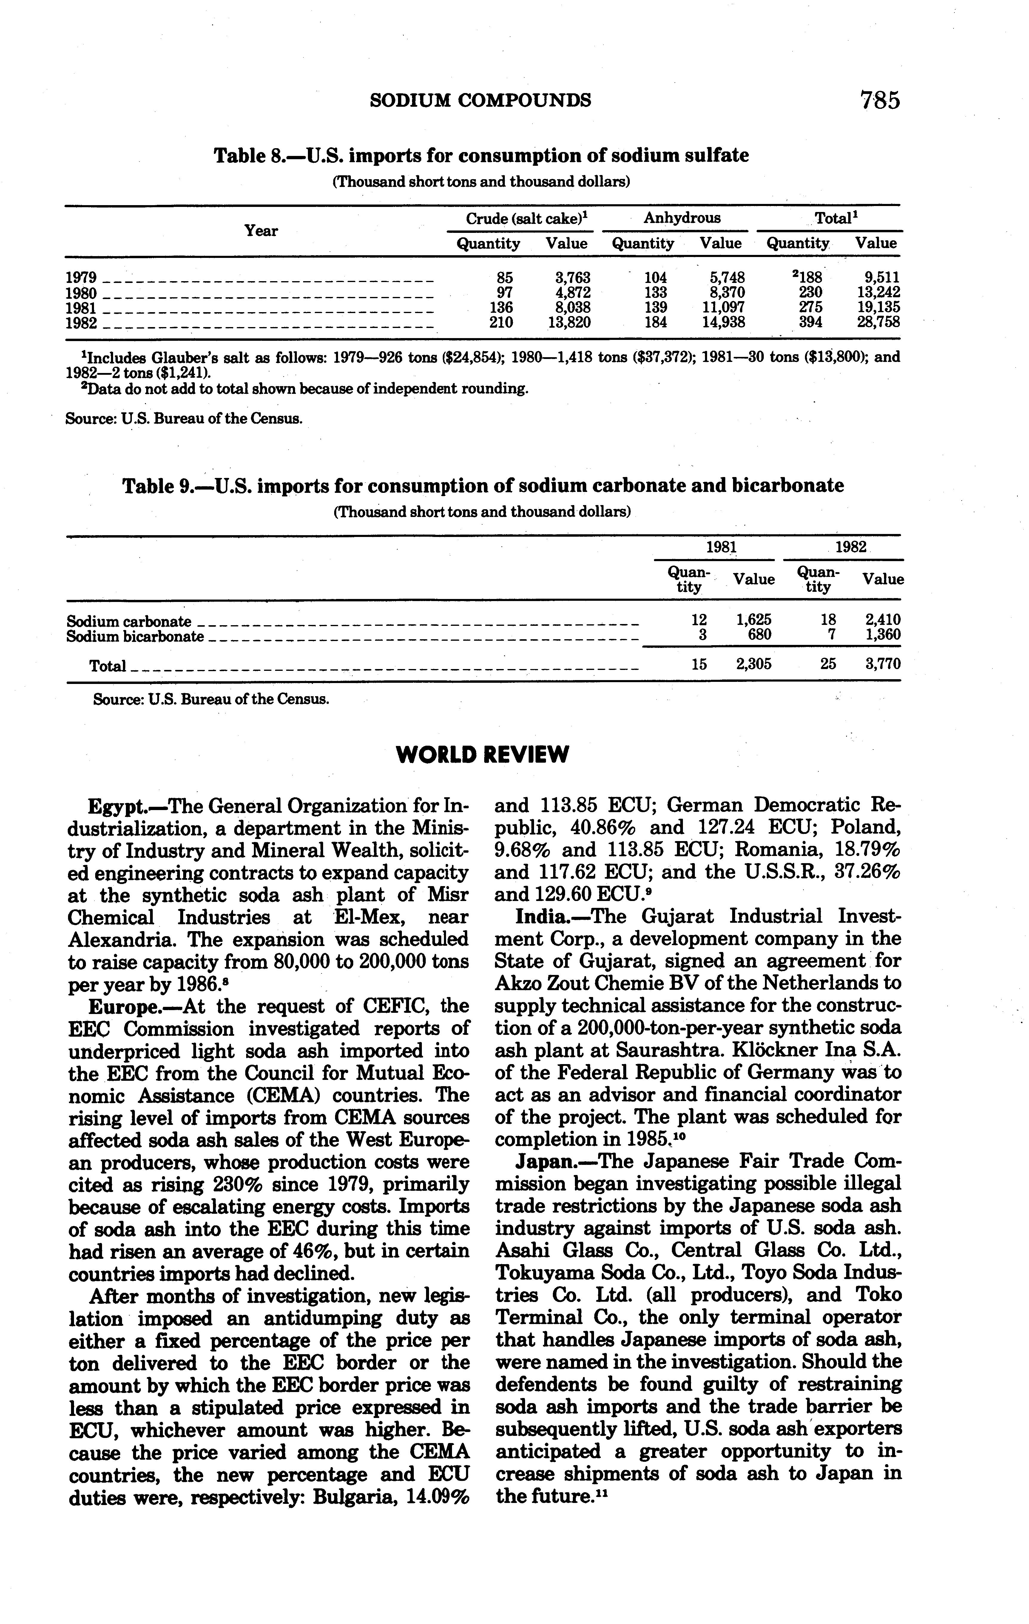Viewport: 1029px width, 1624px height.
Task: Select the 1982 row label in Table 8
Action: click(81, 323)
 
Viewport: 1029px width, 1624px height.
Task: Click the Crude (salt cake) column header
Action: click(526, 219)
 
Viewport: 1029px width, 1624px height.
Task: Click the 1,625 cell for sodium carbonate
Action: click(754, 620)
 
